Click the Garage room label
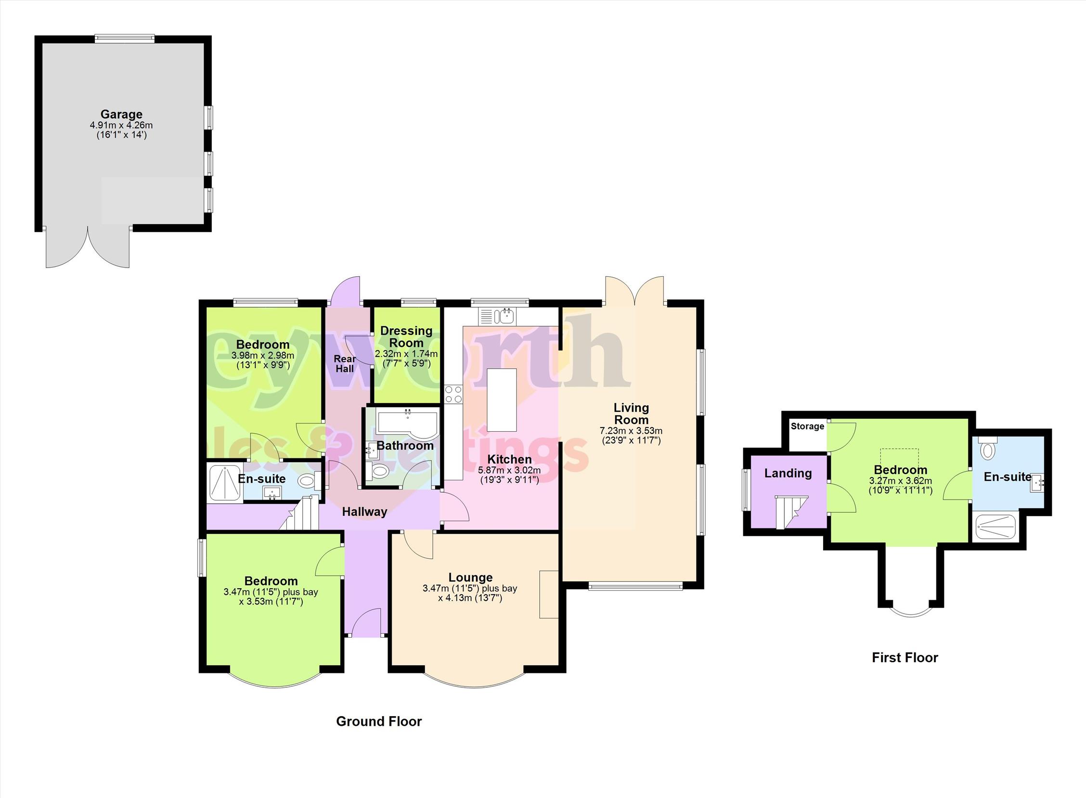coord(121,115)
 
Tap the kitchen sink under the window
coord(498,316)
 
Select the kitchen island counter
coord(502,400)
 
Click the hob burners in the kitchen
coord(453,394)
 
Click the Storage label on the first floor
coord(807,426)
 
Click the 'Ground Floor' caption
coord(379,721)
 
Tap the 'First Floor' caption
coord(905,657)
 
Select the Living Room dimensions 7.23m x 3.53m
coord(631,430)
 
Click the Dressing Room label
coord(406,337)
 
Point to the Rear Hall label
coord(345,364)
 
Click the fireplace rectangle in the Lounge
coord(549,594)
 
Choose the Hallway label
coord(365,512)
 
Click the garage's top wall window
coord(125,39)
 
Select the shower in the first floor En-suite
coord(996,527)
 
